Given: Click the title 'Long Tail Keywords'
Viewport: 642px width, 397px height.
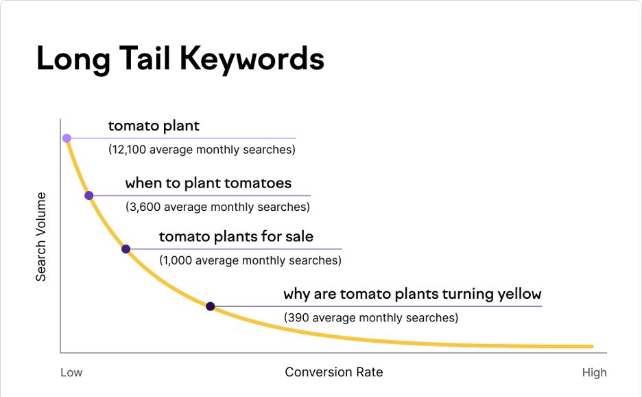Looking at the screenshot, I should coord(180,58).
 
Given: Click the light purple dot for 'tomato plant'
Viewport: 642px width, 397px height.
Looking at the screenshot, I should coord(67,138).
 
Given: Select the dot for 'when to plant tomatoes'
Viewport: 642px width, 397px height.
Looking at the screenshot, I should coord(88,196).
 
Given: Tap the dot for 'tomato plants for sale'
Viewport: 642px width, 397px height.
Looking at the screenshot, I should coord(126,249).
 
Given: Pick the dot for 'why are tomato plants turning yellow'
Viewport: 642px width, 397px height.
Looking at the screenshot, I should coord(210,306).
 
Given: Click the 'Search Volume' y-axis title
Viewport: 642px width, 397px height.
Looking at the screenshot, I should coord(41,237).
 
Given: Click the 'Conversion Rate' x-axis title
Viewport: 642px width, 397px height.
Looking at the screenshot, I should coord(333,372).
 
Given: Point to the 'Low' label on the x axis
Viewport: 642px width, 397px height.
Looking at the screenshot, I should coord(71,372).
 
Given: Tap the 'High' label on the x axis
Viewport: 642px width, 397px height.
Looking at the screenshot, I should coord(594,372).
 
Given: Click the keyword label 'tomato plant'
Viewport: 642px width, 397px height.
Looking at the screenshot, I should coord(154,126).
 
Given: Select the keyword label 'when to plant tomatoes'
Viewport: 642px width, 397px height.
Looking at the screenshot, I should coord(208,183).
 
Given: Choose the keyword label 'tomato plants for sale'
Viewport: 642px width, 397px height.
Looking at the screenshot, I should coord(236,236).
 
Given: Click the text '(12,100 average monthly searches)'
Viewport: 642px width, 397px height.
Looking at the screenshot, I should coord(202,149).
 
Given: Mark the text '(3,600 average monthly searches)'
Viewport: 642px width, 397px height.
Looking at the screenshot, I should coord(217,207).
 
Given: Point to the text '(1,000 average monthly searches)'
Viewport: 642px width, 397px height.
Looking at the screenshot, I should coord(250,260).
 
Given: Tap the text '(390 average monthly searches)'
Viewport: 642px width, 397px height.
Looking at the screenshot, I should coord(370,317).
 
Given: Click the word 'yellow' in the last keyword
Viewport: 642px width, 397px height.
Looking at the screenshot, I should coord(520,294).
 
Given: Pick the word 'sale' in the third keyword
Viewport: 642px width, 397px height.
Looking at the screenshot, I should coord(299,236).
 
